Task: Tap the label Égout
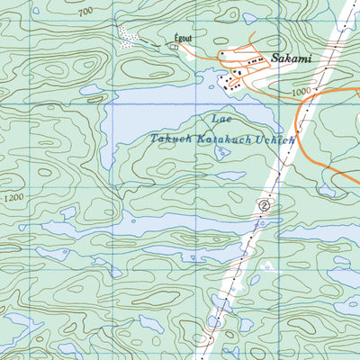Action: (183, 40)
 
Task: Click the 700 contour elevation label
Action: (85, 12)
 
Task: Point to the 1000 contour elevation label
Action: (301, 92)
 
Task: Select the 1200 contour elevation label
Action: (13, 196)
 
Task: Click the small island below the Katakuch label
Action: (221, 152)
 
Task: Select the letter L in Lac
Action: (212, 119)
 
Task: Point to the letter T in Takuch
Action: (155, 139)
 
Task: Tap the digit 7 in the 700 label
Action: (79, 12)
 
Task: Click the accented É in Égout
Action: (174, 40)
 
